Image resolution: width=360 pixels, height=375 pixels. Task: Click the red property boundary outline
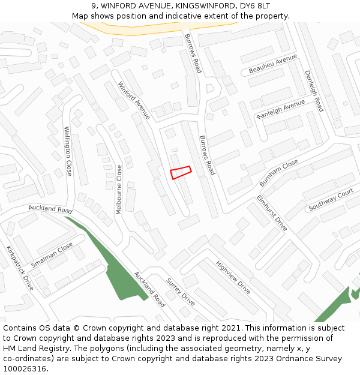[x=181, y=172]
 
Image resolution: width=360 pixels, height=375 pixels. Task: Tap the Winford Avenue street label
[x=134, y=100]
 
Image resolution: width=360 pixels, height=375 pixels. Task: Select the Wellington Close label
[x=68, y=151]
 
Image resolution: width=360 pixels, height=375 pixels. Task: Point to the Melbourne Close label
[x=119, y=190]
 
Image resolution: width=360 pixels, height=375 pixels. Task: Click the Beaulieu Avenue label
[x=273, y=64]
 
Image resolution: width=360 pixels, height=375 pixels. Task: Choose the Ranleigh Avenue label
[x=280, y=109]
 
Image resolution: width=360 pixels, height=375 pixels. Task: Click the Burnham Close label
[x=278, y=173]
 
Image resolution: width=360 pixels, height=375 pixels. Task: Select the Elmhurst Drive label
[x=272, y=213]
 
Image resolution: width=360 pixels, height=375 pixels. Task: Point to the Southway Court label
[x=331, y=200]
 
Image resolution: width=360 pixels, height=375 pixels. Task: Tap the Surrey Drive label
[x=181, y=292]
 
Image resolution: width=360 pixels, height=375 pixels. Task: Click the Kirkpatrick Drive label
[x=20, y=268]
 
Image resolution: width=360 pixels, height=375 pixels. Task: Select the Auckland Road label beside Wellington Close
[x=50, y=209]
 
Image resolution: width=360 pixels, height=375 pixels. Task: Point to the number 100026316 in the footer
[x=24, y=368]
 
